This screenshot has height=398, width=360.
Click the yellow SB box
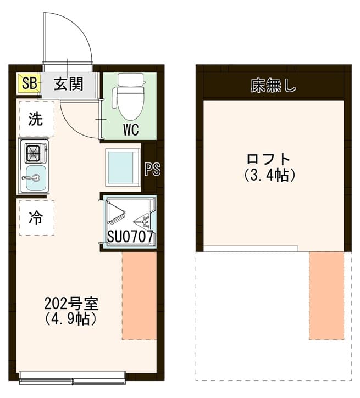[x=29, y=83]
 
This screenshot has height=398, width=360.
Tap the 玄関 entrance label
[x=69, y=84]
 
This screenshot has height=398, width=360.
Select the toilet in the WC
[x=131, y=97]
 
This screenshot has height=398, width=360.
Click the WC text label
[x=131, y=130]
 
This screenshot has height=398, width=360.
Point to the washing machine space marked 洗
[x=37, y=119]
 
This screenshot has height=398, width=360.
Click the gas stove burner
[x=34, y=153]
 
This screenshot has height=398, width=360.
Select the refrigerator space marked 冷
[x=37, y=218]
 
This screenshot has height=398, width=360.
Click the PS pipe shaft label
[x=153, y=169]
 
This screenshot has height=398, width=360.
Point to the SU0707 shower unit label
[x=130, y=237]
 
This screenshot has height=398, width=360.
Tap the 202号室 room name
[x=71, y=304]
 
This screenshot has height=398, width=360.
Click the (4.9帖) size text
[x=71, y=319]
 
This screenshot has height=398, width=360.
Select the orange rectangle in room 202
[x=139, y=296]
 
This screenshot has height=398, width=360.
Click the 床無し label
[x=273, y=86]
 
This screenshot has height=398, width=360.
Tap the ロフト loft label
[x=269, y=159]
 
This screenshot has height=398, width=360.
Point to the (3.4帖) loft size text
[x=269, y=175]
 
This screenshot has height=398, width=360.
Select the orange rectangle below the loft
[x=326, y=296]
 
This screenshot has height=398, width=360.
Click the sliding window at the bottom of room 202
[x=73, y=378]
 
